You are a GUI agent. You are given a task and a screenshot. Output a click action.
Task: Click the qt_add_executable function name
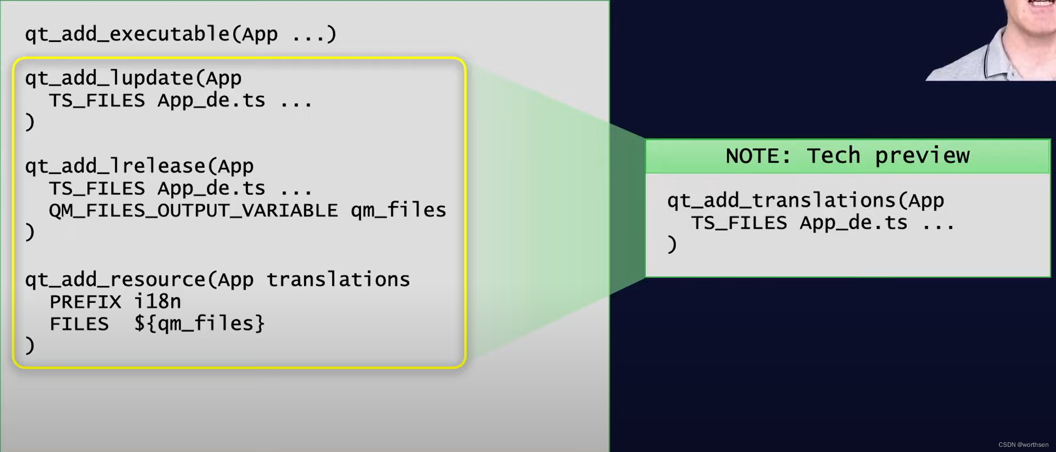tap(127, 34)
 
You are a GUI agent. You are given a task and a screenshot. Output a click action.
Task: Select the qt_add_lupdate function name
tap(109, 78)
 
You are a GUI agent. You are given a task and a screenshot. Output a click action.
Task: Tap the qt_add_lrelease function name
tap(115, 166)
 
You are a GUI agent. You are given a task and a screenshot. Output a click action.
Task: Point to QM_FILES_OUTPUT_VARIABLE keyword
tap(193, 211)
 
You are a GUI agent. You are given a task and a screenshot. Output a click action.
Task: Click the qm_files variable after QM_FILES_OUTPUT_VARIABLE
tap(398, 211)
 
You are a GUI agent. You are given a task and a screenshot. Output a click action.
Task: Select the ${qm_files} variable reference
tap(199, 324)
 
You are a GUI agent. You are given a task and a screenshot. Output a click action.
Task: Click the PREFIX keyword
tap(85, 301)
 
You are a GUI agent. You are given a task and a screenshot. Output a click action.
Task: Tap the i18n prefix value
tap(158, 301)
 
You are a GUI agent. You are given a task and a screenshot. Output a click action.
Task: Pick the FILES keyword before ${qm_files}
tap(79, 324)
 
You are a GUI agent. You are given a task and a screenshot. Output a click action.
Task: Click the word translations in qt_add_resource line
tap(338, 279)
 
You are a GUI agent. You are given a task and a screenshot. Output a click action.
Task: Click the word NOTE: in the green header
tap(758, 156)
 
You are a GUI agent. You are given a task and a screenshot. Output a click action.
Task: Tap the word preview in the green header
tap(922, 156)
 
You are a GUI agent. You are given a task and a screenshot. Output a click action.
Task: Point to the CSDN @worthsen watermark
tap(1023, 444)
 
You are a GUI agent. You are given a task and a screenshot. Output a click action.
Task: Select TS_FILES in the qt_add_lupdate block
tap(97, 100)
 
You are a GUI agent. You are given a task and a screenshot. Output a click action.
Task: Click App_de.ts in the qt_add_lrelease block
tap(211, 188)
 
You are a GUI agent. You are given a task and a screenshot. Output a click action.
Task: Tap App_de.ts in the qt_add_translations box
tap(853, 223)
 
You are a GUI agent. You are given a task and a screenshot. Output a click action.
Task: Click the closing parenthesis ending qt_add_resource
tap(30, 346)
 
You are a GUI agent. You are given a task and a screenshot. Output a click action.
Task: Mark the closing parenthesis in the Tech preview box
tap(672, 245)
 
